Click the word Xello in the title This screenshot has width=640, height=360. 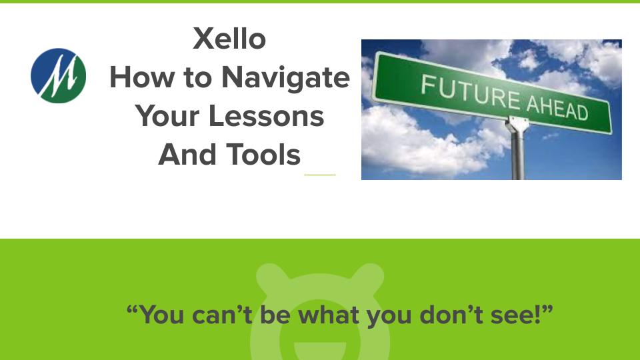pyautogui.click(x=229, y=39)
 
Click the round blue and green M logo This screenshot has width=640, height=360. pyautogui.click(x=59, y=75)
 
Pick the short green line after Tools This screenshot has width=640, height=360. pyautogui.click(x=319, y=175)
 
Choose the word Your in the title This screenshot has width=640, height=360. pyautogui.click(x=170, y=116)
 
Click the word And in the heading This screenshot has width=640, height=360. pyautogui.click(x=184, y=155)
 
